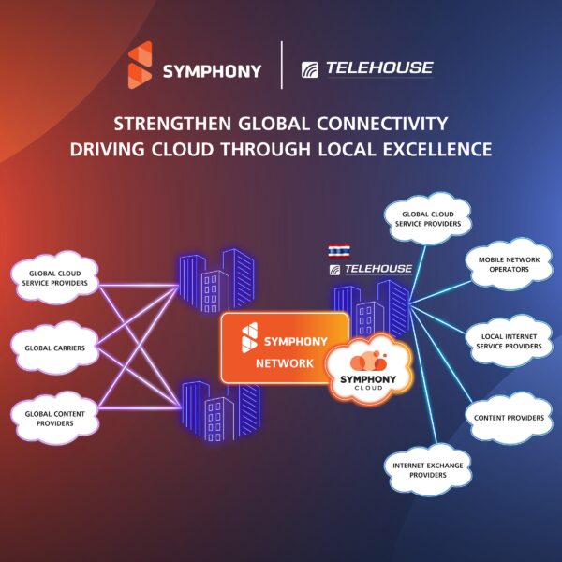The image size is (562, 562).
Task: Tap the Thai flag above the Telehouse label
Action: pyautogui.click(x=338, y=251)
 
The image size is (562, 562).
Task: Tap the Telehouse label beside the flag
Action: pyautogui.click(x=372, y=270)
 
